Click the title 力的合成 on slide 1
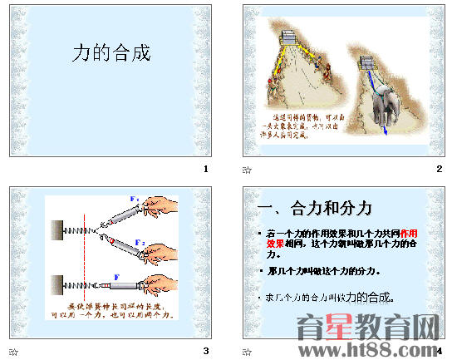click(x=111, y=53)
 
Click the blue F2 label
click(x=141, y=242)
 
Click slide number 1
click(x=204, y=170)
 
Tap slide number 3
click(x=204, y=350)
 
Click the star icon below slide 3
click(x=12, y=350)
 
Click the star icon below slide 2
click(x=247, y=170)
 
